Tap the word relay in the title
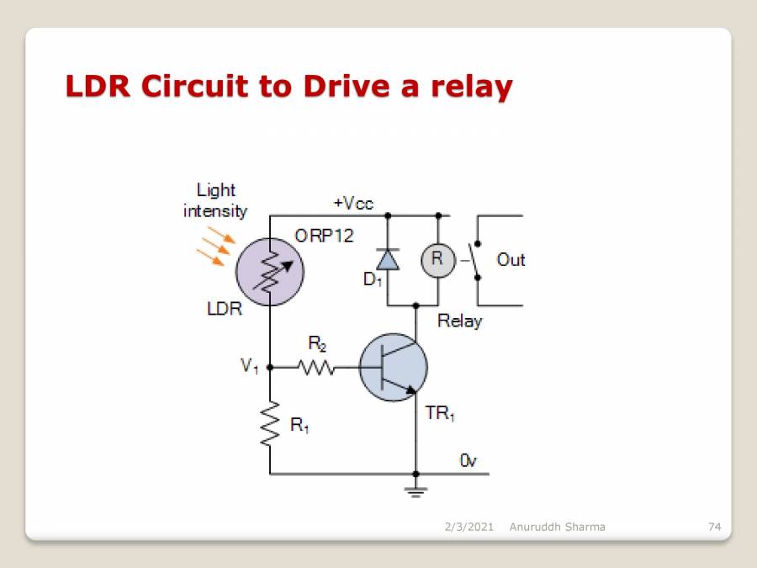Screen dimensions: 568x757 point(470,86)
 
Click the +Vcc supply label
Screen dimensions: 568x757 point(353,204)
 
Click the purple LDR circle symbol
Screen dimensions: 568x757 point(270,272)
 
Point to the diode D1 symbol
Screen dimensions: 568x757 point(388,259)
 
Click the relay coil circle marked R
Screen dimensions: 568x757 point(437,259)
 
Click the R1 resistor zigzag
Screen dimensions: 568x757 point(270,424)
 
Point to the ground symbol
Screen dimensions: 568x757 point(415,489)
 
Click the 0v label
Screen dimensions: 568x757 point(468,460)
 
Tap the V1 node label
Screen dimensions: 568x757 point(249,366)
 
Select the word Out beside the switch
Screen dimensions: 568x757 point(511,259)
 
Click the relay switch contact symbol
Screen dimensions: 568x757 point(476,260)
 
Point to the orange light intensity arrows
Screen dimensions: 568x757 point(214,244)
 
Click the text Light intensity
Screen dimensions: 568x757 point(215,200)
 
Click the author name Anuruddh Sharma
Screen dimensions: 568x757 point(557,527)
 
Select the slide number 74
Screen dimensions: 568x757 point(715,527)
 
